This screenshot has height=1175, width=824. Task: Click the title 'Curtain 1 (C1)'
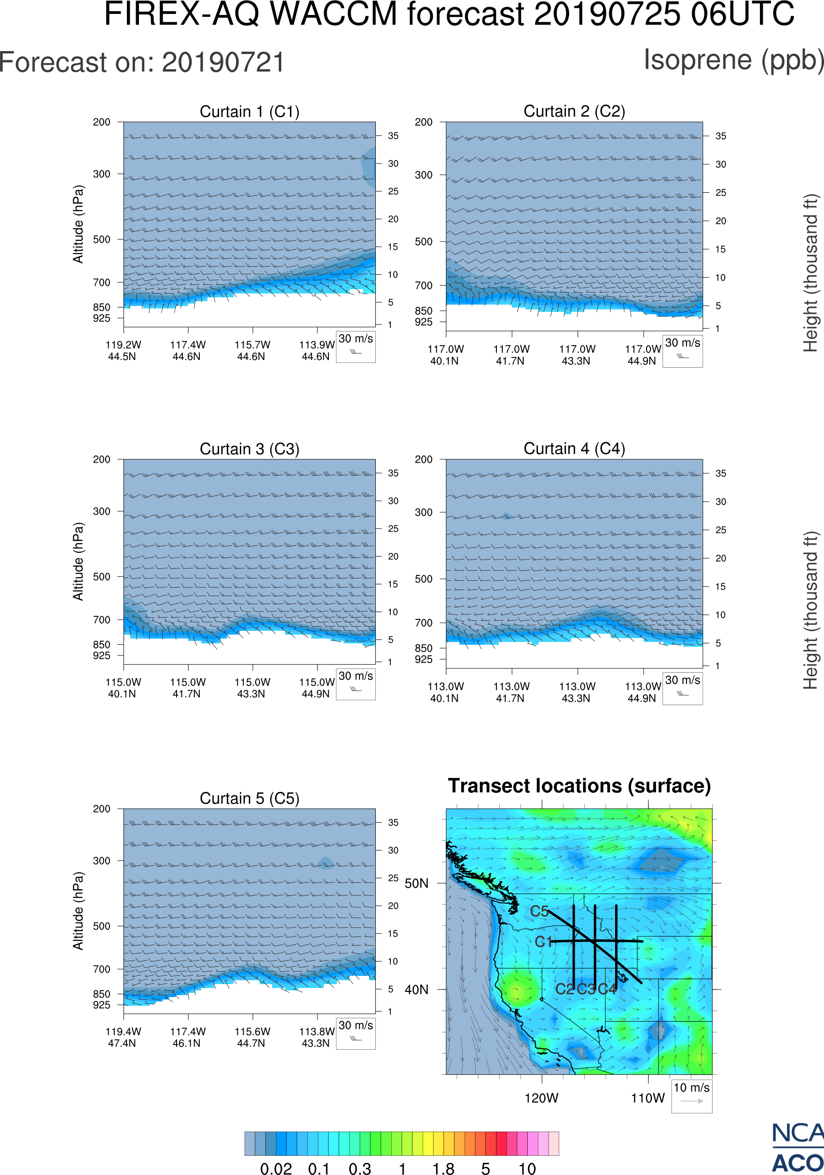point(249,111)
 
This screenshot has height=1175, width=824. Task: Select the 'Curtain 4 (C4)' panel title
point(574,449)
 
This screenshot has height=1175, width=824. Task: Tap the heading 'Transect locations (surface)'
point(579,786)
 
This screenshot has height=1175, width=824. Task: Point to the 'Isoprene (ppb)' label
point(733,60)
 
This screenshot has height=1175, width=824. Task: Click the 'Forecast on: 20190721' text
point(142,63)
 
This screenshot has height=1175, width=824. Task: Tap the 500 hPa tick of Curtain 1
point(101,240)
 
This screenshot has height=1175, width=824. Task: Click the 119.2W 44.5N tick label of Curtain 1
point(123,350)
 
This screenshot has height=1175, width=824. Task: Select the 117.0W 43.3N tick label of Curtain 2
point(577,355)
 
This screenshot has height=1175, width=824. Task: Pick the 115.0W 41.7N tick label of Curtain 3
point(188,688)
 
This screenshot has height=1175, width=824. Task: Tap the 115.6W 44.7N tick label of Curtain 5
point(252,1037)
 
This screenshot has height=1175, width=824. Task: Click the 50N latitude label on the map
point(416,884)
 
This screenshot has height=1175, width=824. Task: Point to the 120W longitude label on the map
point(541,1098)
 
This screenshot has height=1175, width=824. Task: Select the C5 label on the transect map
point(539,911)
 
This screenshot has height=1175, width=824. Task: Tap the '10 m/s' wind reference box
point(691,1095)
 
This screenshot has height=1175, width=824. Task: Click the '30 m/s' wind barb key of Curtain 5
point(356,1032)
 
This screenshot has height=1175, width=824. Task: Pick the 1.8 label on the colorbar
point(443,1168)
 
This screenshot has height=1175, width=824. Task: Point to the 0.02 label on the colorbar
point(276,1168)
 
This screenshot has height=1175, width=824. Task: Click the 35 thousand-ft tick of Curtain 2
point(721,136)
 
